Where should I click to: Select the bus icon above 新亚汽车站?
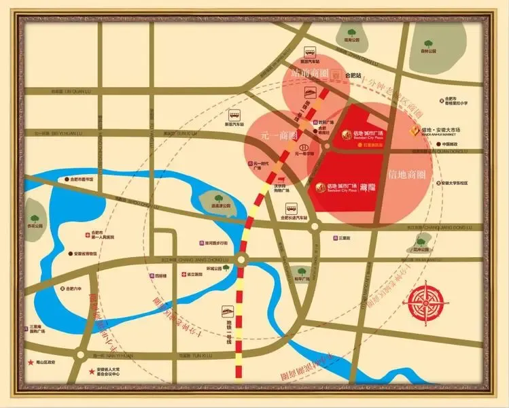tap(235, 115)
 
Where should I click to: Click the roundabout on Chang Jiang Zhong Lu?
tap(243, 257)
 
